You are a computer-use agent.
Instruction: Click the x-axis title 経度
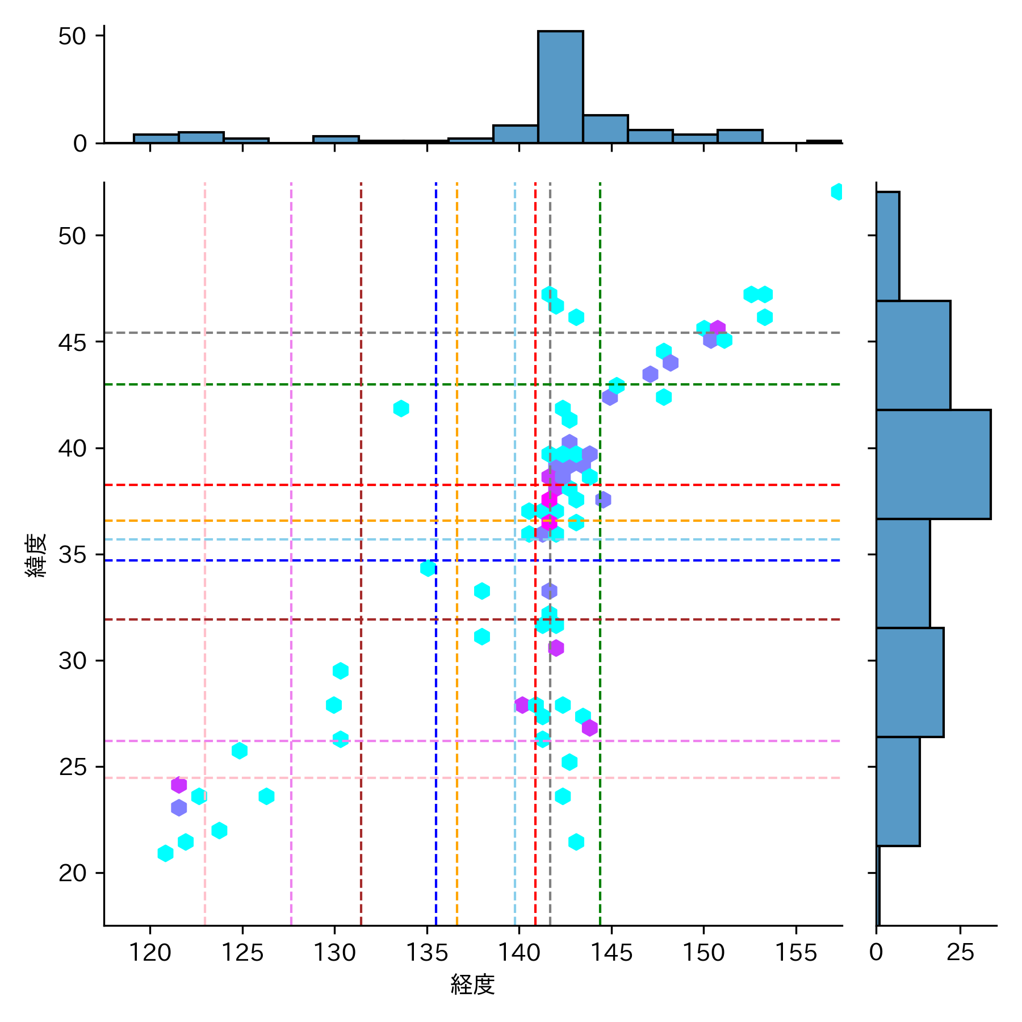(x=472, y=985)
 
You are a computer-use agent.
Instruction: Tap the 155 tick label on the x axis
(x=795, y=952)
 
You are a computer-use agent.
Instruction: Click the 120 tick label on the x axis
(x=150, y=952)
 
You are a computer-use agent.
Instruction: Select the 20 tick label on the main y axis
(x=72, y=873)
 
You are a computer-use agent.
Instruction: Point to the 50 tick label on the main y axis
(x=72, y=236)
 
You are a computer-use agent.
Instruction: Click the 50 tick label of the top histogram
(x=72, y=36)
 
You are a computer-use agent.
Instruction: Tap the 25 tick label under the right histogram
(x=960, y=952)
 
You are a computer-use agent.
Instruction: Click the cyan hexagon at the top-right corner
(x=837, y=192)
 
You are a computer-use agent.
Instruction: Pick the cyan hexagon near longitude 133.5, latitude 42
(x=401, y=408)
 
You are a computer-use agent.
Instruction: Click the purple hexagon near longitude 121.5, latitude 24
(x=179, y=785)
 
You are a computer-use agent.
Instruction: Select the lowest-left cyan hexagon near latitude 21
(x=165, y=853)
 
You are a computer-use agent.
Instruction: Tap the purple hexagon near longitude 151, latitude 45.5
(x=717, y=328)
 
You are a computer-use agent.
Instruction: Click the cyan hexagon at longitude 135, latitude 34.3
(x=428, y=568)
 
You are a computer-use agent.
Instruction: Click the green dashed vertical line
(x=600, y=681)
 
